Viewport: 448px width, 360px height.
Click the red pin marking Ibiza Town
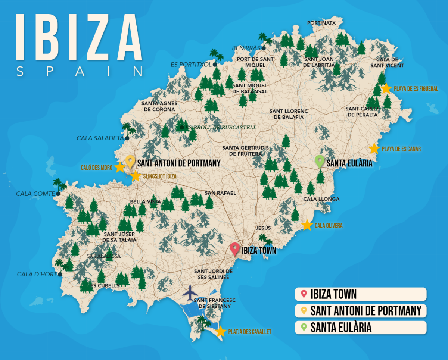click(x=234, y=248)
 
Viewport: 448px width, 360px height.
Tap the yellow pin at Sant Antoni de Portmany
click(x=130, y=161)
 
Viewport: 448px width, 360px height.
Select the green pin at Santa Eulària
click(x=319, y=161)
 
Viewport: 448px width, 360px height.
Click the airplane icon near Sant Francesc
click(x=190, y=293)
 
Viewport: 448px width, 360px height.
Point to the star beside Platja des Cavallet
click(x=221, y=331)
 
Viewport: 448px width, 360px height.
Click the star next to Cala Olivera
click(x=307, y=225)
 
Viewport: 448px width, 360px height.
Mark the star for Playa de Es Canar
click(x=374, y=148)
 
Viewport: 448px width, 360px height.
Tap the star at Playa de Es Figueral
click(x=386, y=88)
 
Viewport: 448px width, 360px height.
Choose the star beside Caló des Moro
click(x=119, y=167)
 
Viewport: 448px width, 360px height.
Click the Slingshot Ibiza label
click(x=159, y=176)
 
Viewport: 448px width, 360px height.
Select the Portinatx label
click(x=321, y=23)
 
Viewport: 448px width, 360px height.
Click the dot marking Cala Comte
click(x=58, y=194)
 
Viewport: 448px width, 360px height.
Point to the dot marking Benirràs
click(x=264, y=48)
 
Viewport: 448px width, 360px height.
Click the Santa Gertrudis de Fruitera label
click(x=245, y=150)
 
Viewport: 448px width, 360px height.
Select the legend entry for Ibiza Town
click(x=360, y=294)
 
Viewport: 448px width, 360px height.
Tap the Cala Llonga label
click(x=321, y=199)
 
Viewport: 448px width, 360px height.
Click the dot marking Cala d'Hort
click(x=60, y=274)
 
